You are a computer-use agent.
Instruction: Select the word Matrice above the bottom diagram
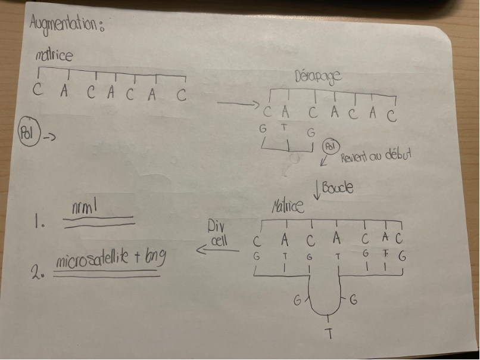[289, 208]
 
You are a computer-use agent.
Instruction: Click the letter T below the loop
[329, 334]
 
